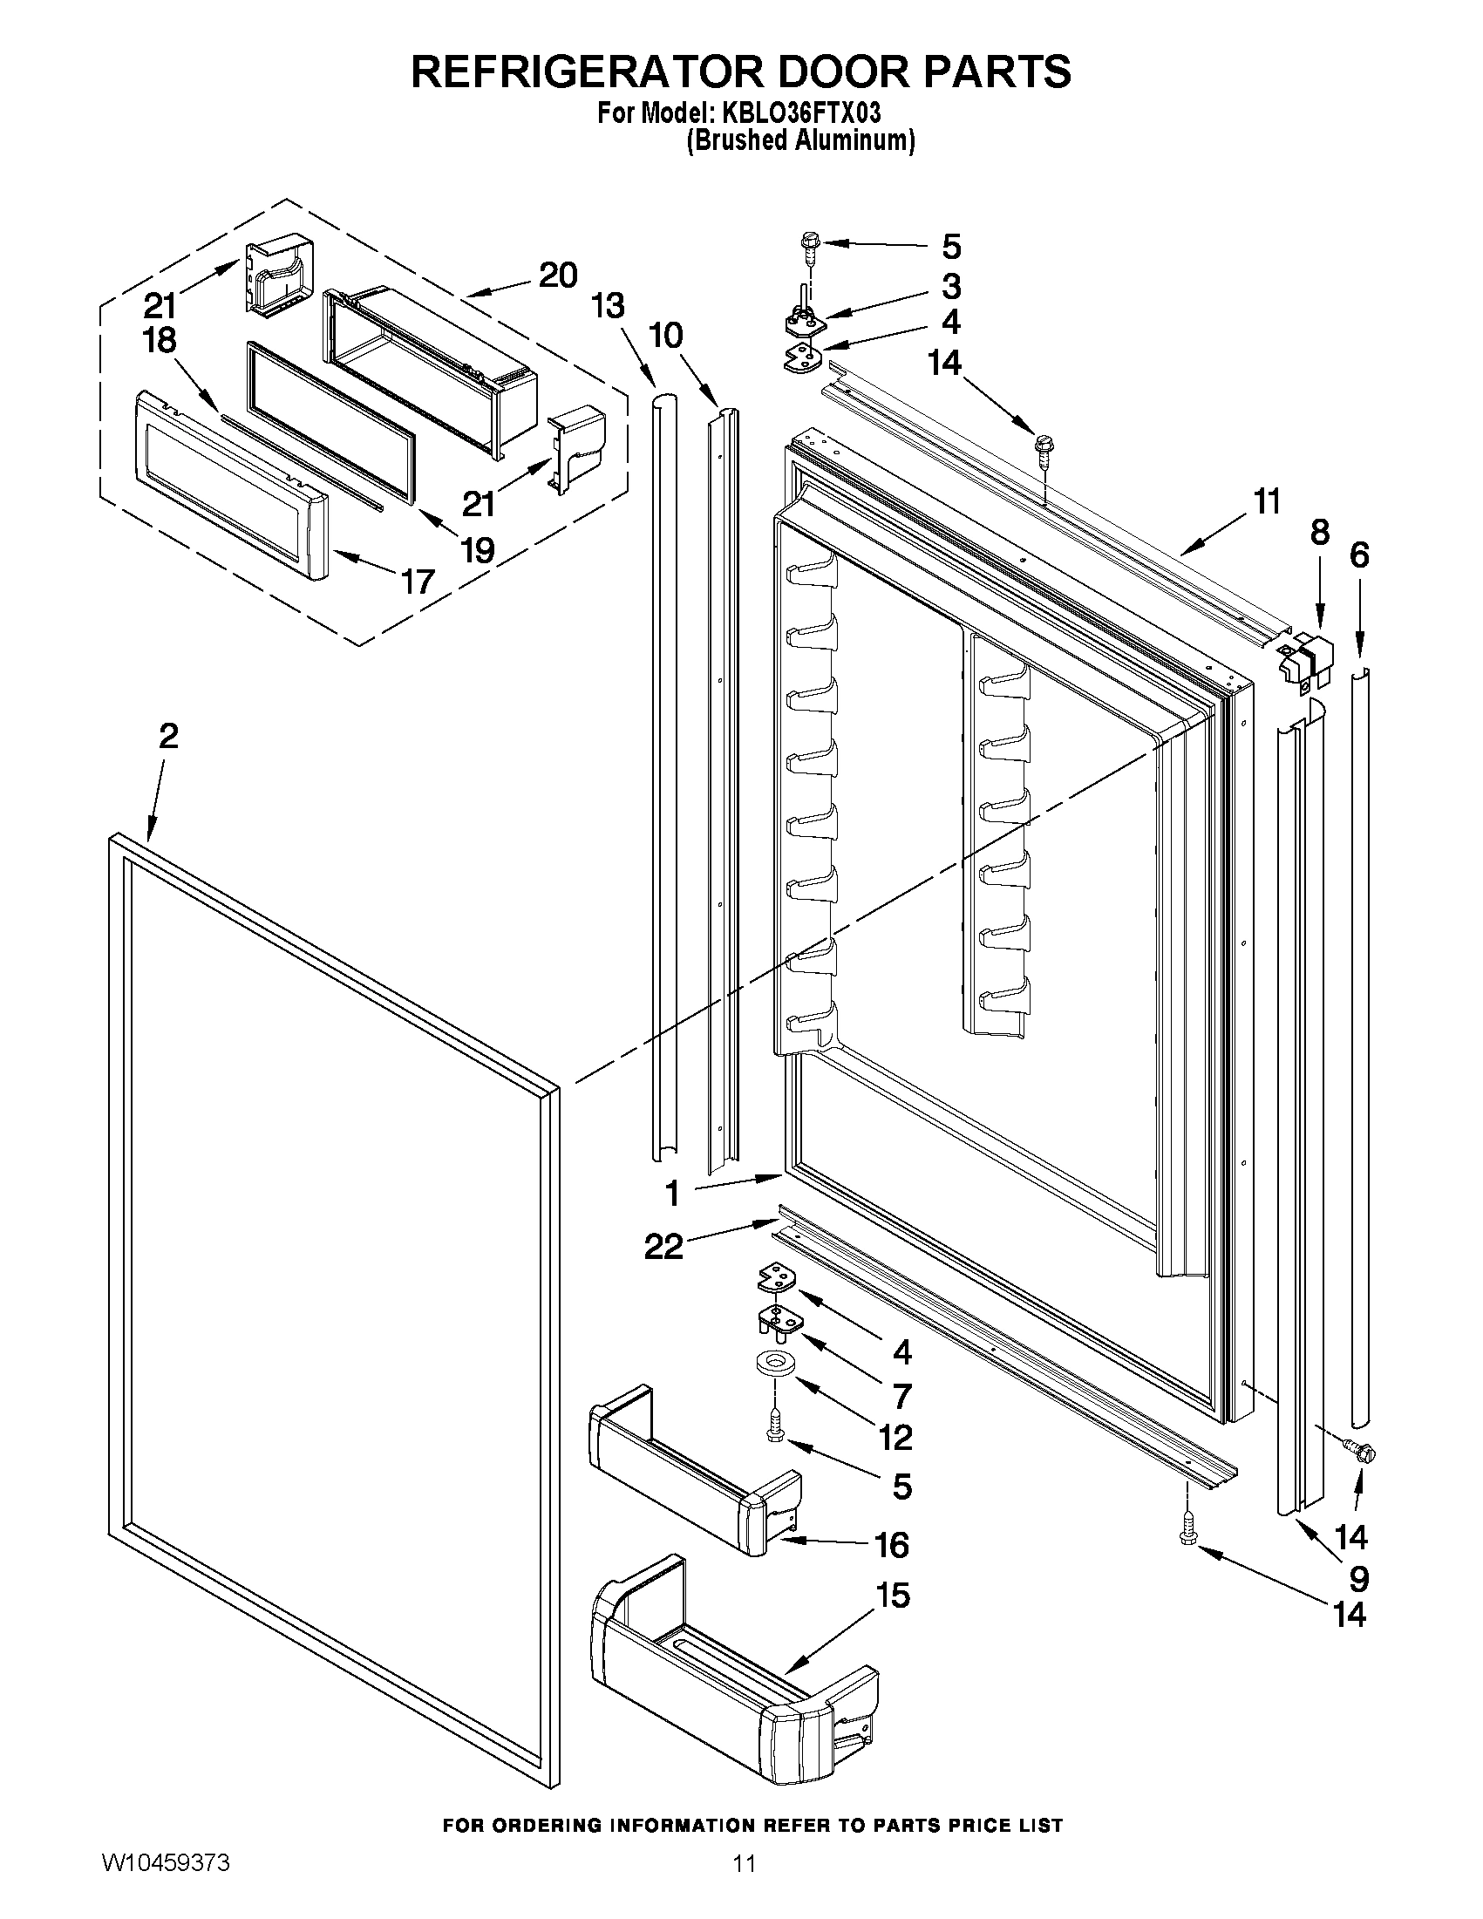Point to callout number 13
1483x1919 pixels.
point(607,305)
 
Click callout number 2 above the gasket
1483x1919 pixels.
point(168,736)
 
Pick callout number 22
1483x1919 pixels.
point(663,1246)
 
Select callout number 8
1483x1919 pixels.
point(1320,533)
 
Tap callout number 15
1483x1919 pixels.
point(893,1596)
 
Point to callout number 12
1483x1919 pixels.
point(895,1438)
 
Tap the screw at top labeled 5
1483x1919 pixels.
point(810,242)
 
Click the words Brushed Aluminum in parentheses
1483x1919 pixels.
point(800,140)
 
